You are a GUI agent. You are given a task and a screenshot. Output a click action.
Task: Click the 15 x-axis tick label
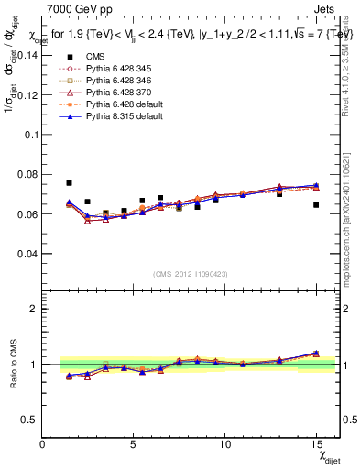click(x=316, y=444)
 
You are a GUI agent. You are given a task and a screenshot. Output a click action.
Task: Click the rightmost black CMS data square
click(x=316, y=205)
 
